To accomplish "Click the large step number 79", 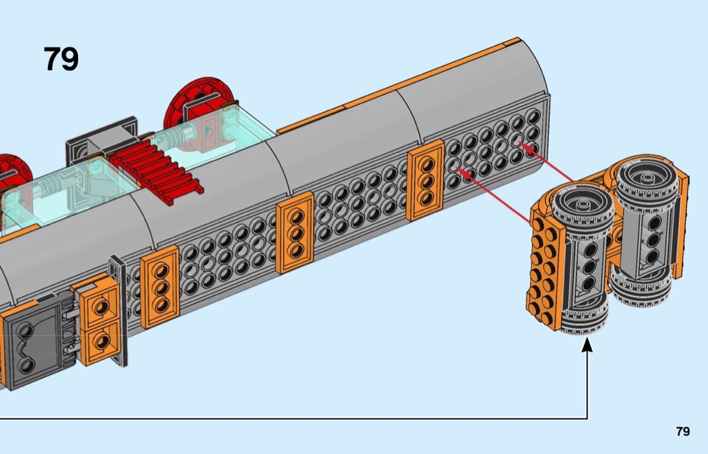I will coord(61,59).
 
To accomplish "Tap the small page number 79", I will coord(683,432).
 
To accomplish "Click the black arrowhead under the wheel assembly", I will coord(587,345).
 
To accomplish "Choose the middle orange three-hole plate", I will coord(295,232).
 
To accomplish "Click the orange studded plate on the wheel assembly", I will coord(542,269).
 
